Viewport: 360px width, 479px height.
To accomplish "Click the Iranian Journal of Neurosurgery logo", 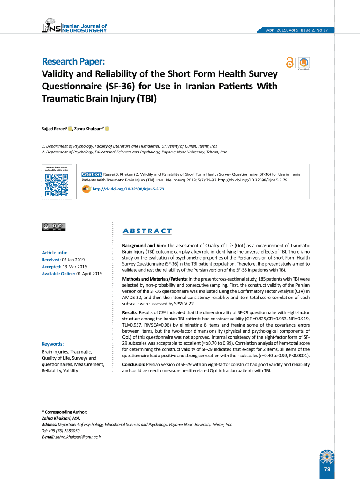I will point(74,29).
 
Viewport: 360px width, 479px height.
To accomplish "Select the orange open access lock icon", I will point(290,63).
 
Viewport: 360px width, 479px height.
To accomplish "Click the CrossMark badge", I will point(304,64).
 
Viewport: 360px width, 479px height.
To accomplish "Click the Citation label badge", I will point(92,174).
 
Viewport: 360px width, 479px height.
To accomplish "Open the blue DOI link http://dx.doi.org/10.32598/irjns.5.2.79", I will point(128,189).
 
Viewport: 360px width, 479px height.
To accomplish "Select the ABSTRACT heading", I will point(147,231).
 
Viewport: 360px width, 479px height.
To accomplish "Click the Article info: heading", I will point(55,252).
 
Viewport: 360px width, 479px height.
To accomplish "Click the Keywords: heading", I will point(53,343).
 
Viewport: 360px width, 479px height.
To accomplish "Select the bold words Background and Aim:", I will point(144,246).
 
